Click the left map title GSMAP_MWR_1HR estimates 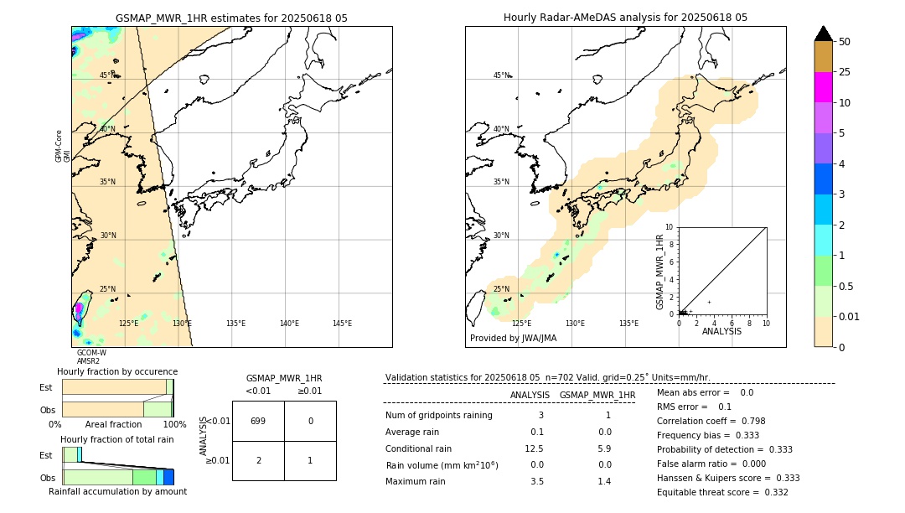tap(231, 18)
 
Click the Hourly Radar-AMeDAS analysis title tap(625, 18)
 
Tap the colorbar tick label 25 tap(845, 72)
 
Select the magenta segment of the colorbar tap(824, 87)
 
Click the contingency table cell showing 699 tap(258, 421)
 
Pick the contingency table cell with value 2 tap(258, 460)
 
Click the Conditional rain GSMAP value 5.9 tap(604, 448)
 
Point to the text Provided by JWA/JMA tap(513, 339)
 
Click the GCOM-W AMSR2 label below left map tap(90, 357)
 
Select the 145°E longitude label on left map tap(342, 324)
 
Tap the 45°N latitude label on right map tap(501, 75)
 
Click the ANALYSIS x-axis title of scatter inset tap(721, 331)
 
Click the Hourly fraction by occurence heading tap(117, 371)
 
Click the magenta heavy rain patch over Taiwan tap(79, 308)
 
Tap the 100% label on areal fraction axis tap(173, 425)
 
